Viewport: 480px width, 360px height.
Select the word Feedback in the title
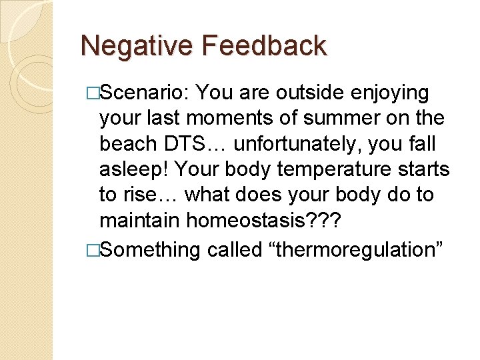point(265,47)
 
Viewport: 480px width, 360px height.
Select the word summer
point(354,118)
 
